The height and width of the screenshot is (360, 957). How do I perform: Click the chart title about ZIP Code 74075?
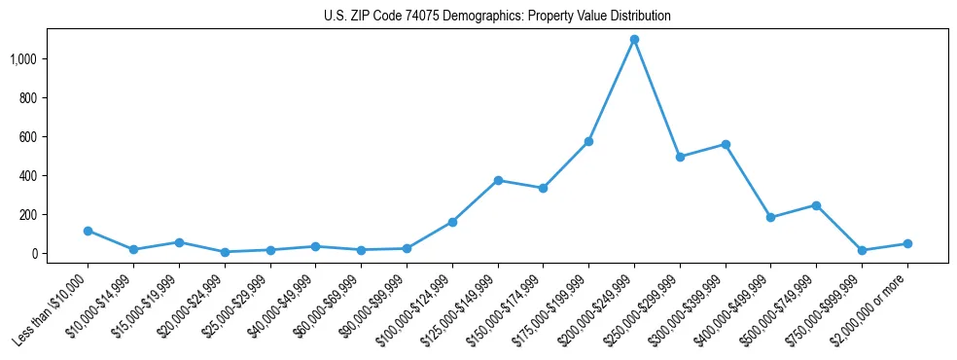497,17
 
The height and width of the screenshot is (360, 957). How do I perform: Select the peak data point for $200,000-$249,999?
634,40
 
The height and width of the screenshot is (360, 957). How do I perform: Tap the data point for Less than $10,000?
88,231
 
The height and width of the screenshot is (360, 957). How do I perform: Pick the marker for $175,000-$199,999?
588,142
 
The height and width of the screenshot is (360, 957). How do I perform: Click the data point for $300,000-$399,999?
725,144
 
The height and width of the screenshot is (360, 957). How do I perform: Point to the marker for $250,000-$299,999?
680,157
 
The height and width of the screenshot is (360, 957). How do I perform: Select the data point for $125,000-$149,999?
498,180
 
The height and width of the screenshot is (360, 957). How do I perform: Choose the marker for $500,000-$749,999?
816,205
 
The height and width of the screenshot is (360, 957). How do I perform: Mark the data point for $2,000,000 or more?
907,243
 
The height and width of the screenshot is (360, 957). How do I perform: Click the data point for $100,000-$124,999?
452,222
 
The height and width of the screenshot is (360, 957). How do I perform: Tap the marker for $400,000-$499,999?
770,218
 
